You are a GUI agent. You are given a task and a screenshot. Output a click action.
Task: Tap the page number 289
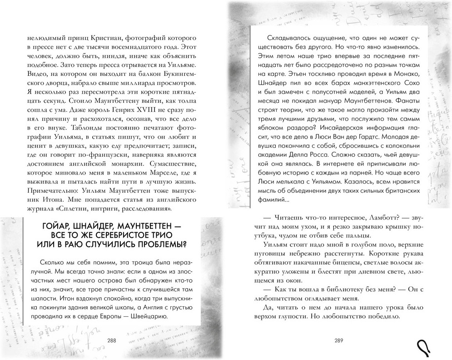pyautogui.click(x=339, y=341)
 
